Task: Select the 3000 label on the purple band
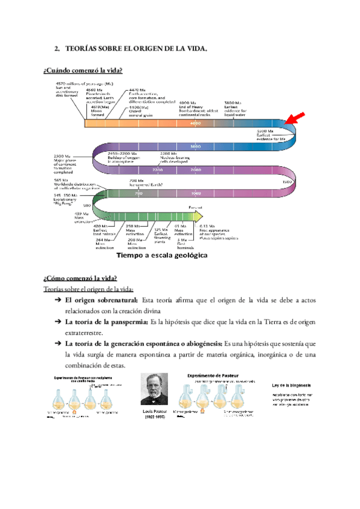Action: tap(194, 146)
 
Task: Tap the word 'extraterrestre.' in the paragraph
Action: tap(88, 333)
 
